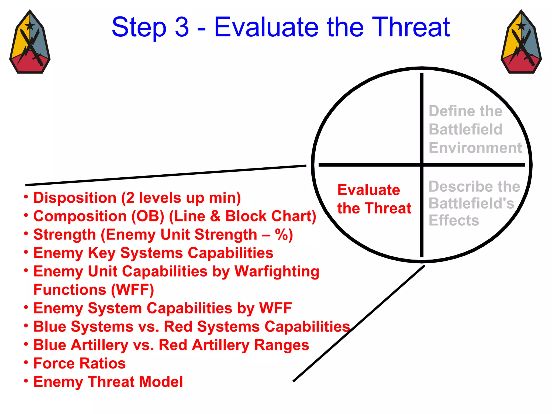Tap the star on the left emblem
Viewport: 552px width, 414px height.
pos(30,26)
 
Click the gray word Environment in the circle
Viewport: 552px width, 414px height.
pos(475,148)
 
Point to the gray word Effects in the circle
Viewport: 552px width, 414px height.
pos(454,220)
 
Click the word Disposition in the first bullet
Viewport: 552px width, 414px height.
pos(75,198)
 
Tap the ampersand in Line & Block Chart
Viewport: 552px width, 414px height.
pos(215,216)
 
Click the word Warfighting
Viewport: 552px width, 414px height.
pos(277,272)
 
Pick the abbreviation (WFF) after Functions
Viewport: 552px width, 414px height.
pos(132,290)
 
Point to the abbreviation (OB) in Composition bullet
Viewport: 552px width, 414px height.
pos(148,216)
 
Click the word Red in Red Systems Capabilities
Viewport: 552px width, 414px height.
pos(178,327)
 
